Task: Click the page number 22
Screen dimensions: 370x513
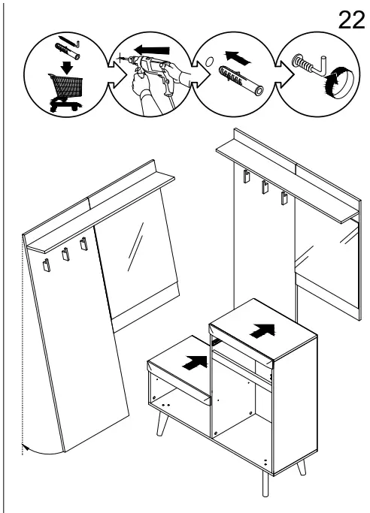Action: pos(351,20)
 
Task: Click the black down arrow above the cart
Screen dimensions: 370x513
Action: pos(68,67)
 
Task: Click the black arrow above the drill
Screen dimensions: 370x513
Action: pos(152,50)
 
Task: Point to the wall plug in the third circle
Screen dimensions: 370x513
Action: pos(241,80)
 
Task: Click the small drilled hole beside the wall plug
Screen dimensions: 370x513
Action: pos(209,61)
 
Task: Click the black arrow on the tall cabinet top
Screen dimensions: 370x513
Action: pos(263,330)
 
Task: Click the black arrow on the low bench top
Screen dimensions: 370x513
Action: pos(195,363)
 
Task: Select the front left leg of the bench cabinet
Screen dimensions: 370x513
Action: pos(162,424)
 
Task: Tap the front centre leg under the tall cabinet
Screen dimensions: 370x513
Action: pos(265,484)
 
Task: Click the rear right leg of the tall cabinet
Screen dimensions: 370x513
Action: pos(302,467)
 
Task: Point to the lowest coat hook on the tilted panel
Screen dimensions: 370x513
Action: pos(47,265)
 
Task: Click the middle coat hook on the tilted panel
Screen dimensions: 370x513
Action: pos(65,254)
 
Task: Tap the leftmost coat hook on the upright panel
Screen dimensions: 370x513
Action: pos(246,177)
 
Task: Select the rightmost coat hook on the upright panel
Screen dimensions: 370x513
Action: pos(284,198)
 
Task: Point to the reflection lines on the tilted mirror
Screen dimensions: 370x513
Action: pos(135,246)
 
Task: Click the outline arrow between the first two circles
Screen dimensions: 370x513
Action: pos(117,75)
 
